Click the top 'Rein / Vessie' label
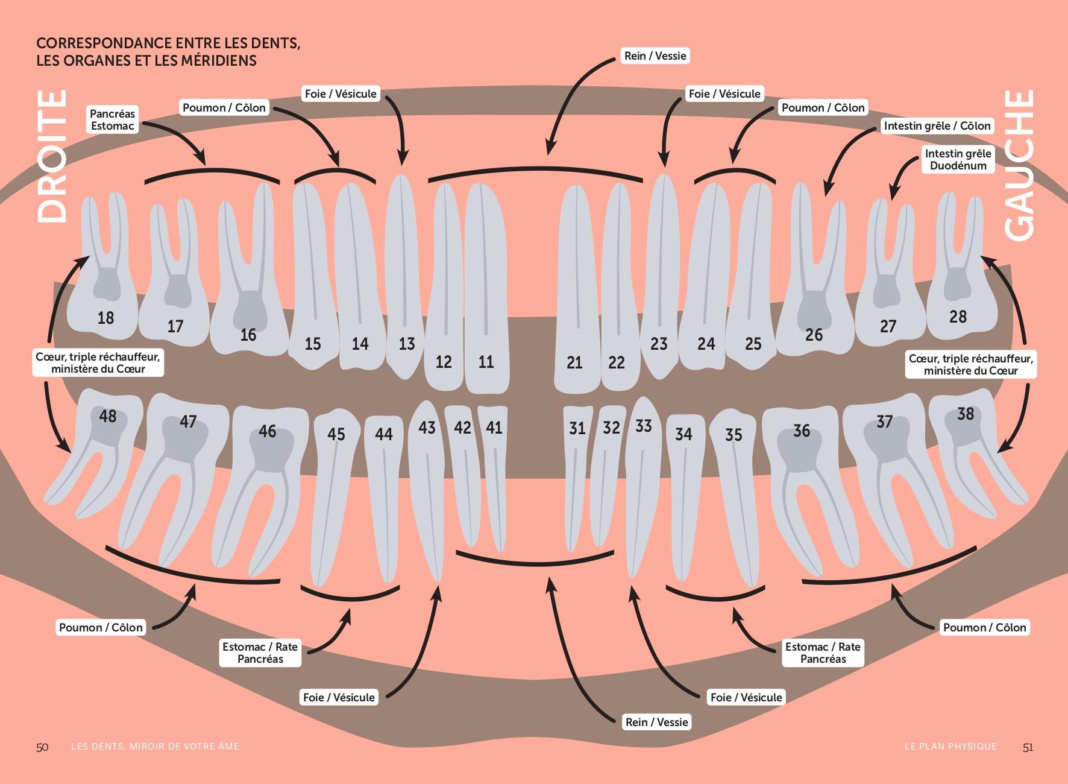(x=655, y=56)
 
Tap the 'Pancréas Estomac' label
(x=113, y=119)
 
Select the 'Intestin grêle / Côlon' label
(x=937, y=126)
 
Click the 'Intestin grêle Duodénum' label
(x=958, y=159)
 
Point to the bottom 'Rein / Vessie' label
(x=656, y=722)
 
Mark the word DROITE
(x=52, y=156)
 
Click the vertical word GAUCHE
(x=1019, y=165)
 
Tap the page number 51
(x=1028, y=747)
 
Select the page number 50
(x=42, y=747)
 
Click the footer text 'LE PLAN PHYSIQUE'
(x=950, y=747)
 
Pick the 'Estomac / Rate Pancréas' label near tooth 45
(x=260, y=653)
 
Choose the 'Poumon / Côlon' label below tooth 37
(x=984, y=627)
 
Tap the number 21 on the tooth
(x=574, y=362)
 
